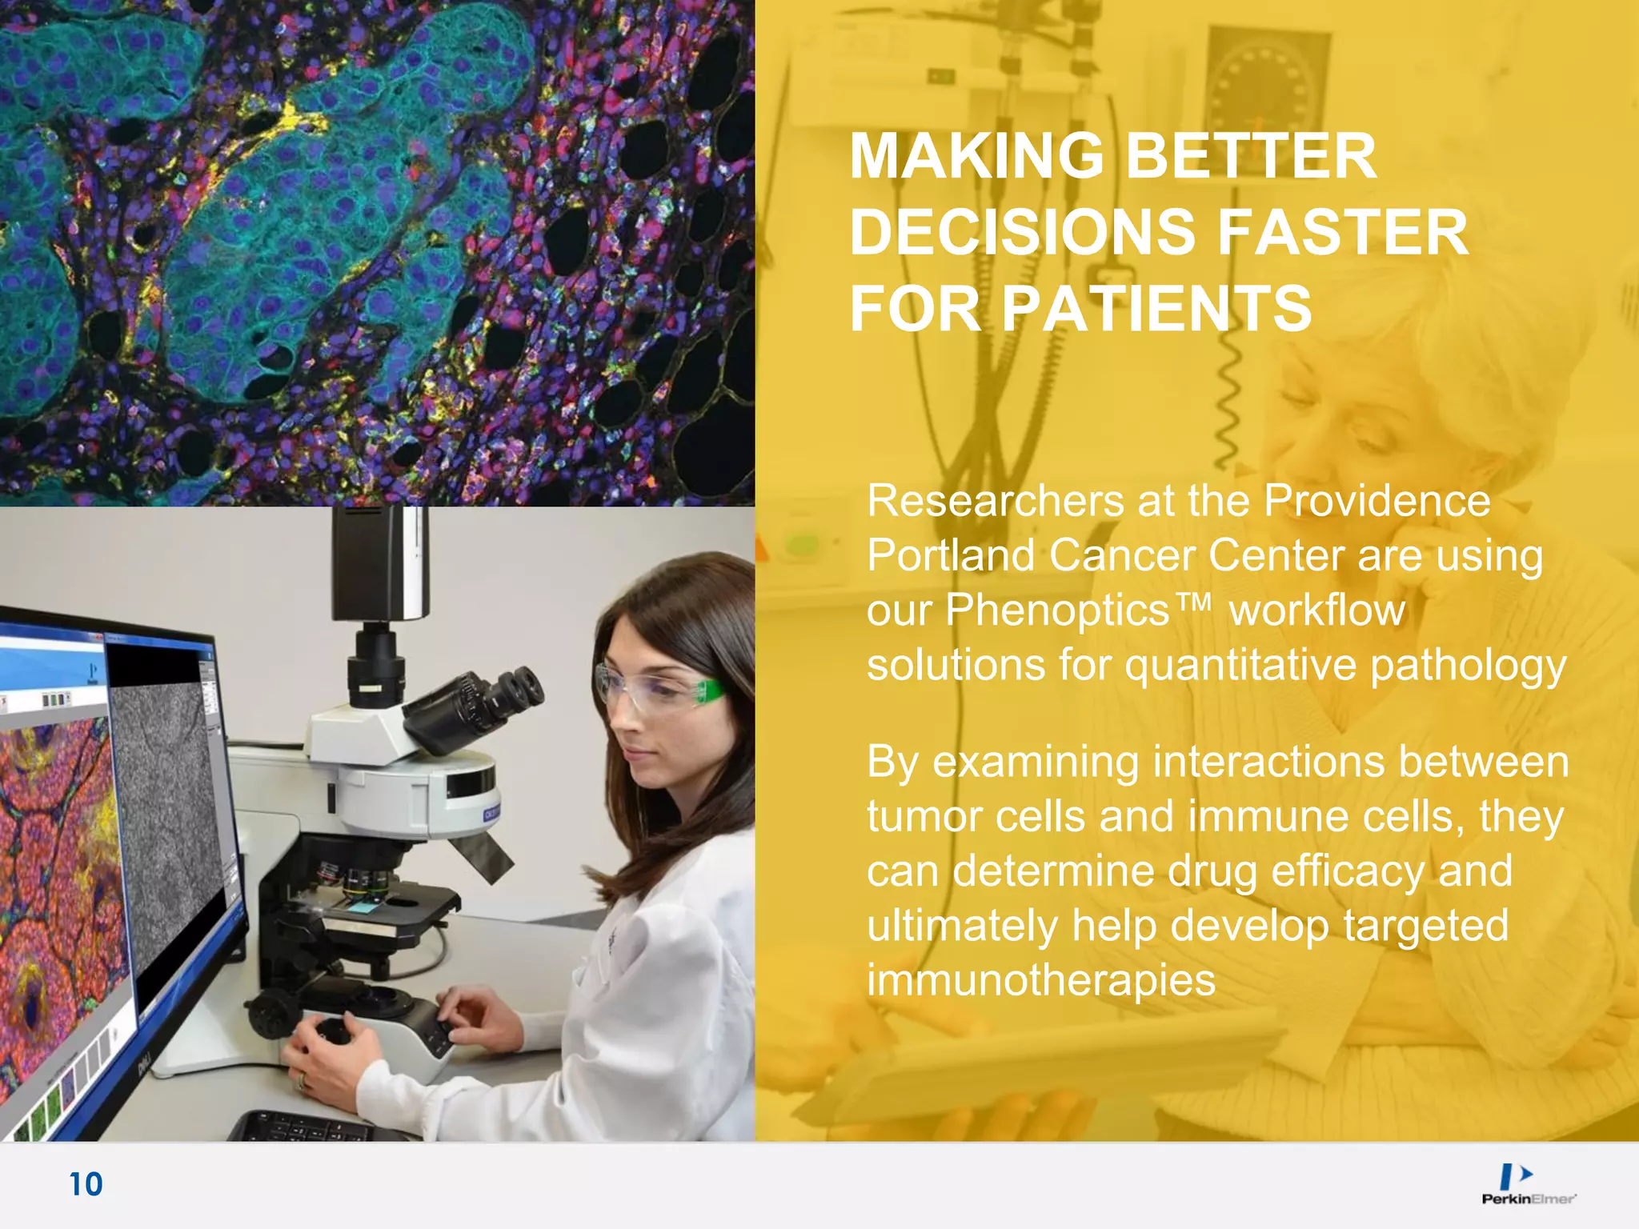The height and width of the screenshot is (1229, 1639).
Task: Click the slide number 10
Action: (86, 1184)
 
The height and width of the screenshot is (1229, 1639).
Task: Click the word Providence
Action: (1377, 502)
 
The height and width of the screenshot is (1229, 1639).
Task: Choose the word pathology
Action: (1468, 666)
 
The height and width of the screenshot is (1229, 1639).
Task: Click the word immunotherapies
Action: (1040, 980)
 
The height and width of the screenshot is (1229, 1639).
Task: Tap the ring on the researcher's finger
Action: (302, 1082)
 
